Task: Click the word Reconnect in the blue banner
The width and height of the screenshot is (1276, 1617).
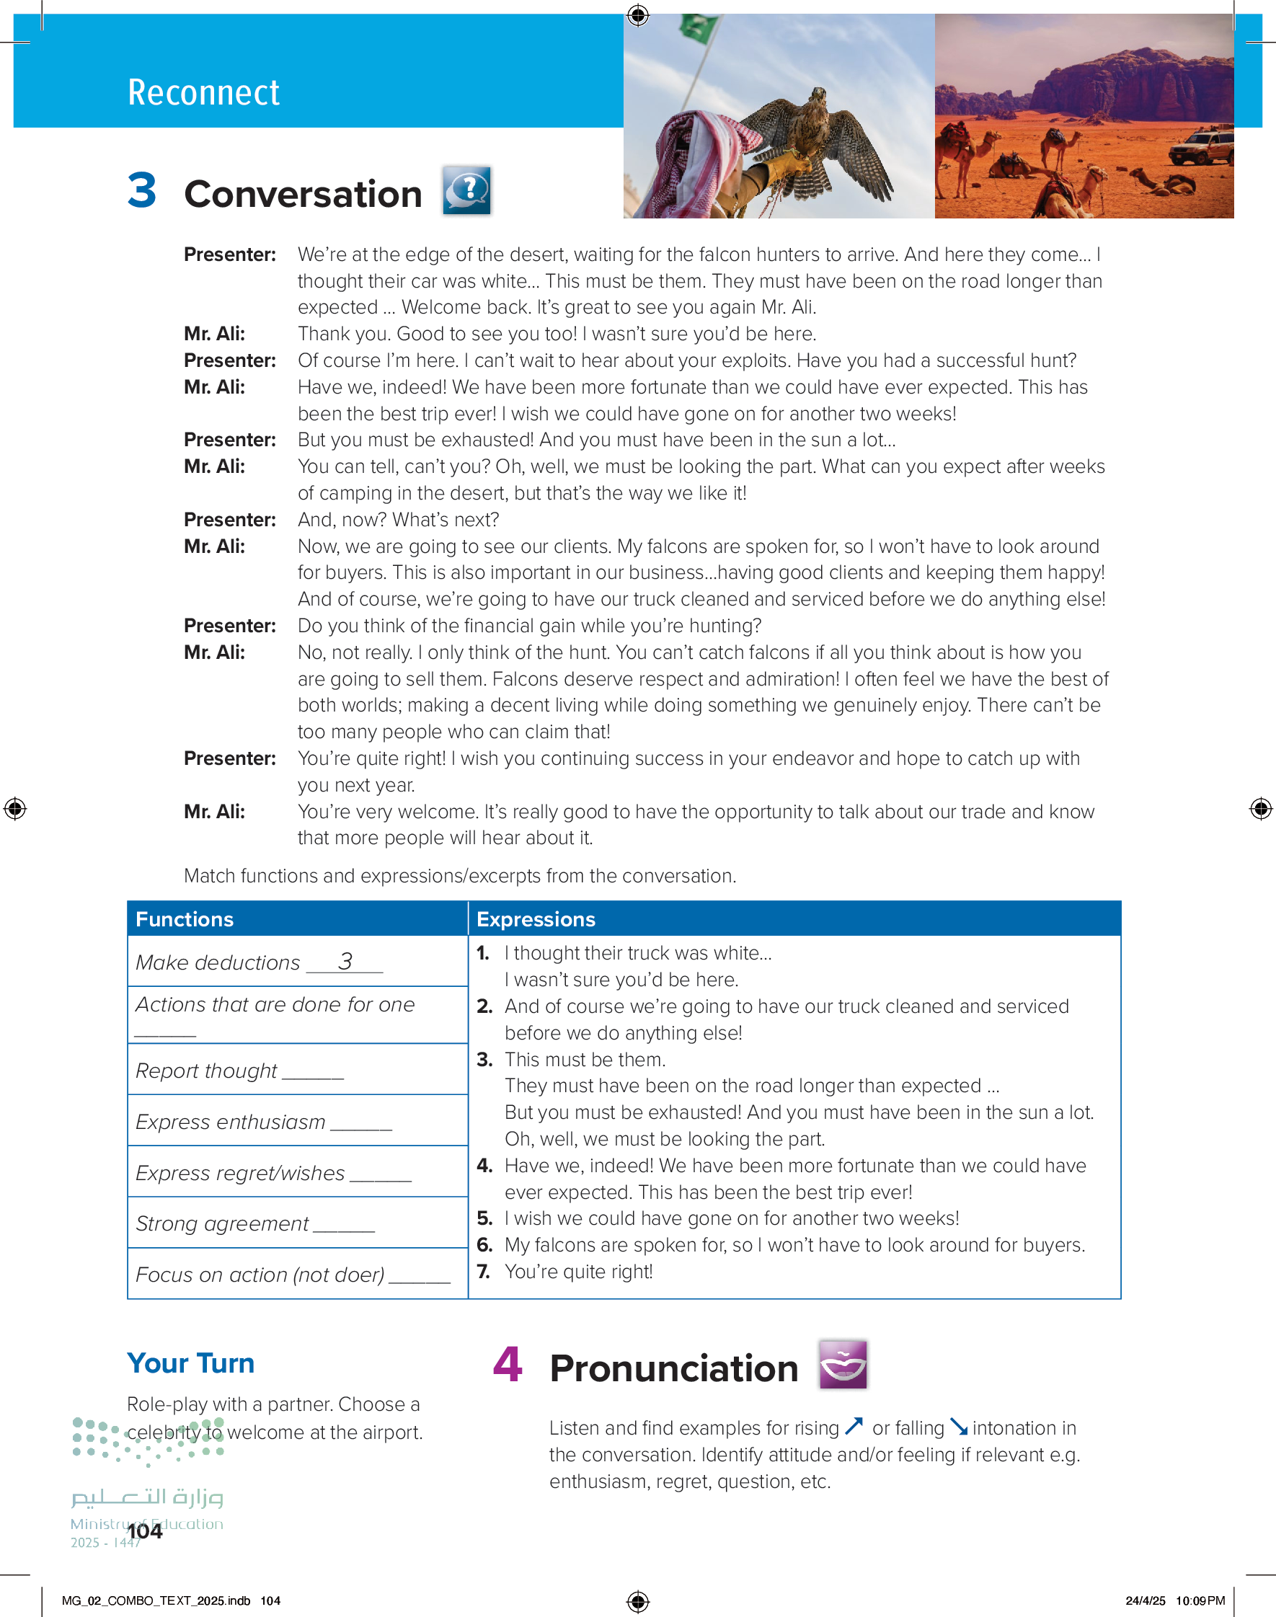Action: (x=203, y=92)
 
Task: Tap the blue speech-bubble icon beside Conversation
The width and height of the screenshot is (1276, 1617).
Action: (x=466, y=190)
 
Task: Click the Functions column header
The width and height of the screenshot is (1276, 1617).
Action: (x=185, y=919)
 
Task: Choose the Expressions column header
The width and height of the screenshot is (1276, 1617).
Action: (x=536, y=919)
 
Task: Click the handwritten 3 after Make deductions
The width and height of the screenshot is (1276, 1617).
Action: (x=345, y=961)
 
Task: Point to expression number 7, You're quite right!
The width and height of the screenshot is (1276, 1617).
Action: (x=578, y=1272)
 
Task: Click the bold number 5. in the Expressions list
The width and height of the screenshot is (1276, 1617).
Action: (x=484, y=1219)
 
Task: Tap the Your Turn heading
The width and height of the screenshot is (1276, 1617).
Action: (x=190, y=1363)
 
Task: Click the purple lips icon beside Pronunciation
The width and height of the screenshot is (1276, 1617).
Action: (x=843, y=1365)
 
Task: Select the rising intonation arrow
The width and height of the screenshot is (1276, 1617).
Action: (x=854, y=1427)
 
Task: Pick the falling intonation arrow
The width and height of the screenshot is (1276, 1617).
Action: (x=959, y=1427)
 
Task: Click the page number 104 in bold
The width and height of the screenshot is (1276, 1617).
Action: (x=145, y=1531)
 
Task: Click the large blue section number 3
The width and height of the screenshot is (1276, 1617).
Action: (x=141, y=190)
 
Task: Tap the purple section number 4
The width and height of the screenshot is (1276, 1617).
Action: (x=508, y=1364)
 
